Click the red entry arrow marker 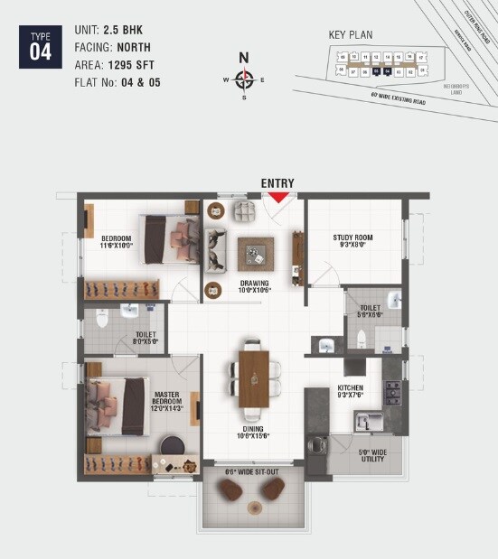278,195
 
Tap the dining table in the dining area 254,374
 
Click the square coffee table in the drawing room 256,253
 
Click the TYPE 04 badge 41,46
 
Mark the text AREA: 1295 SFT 113,65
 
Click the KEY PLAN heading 351,35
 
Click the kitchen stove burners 393,392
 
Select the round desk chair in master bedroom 171,446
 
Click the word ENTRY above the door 277,183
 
